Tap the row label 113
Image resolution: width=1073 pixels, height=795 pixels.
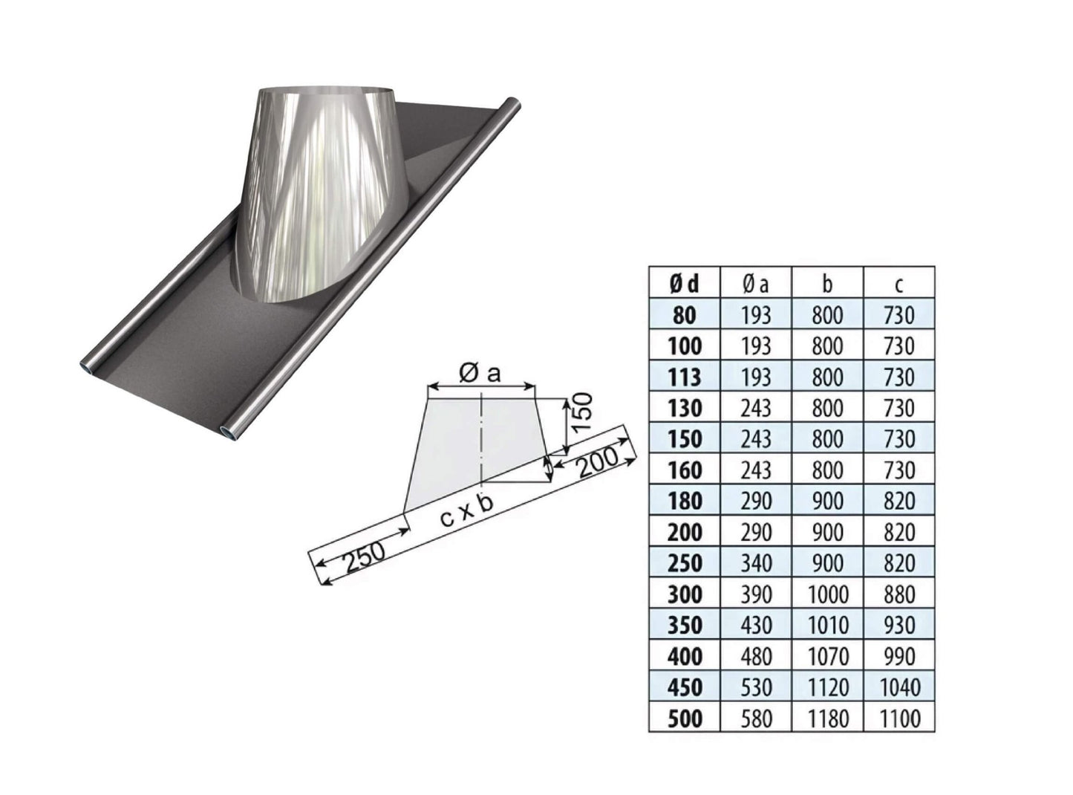point(684,377)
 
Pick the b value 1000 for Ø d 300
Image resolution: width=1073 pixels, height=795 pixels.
point(828,594)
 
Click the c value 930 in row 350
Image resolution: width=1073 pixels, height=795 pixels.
point(898,625)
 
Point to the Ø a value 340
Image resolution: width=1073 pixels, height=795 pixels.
point(756,563)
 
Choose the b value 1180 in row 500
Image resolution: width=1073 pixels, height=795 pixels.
point(828,718)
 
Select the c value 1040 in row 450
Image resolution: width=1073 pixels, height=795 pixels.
point(898,687)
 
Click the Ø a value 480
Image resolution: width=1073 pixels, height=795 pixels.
point(756,657)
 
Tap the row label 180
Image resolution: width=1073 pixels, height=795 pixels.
point(684,501)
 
